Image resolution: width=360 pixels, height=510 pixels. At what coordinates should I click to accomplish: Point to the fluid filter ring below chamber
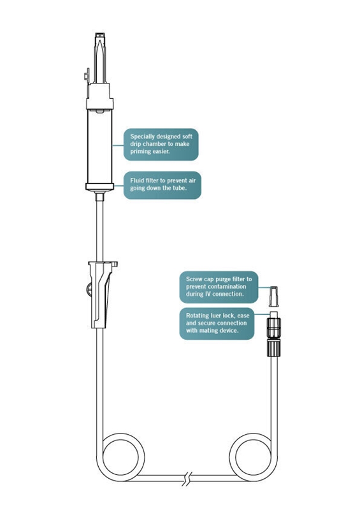99,186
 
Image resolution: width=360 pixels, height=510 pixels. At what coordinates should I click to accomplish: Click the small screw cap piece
273,295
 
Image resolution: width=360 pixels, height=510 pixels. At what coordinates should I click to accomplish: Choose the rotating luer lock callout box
218,323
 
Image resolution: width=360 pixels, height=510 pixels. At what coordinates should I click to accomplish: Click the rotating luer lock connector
273,334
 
